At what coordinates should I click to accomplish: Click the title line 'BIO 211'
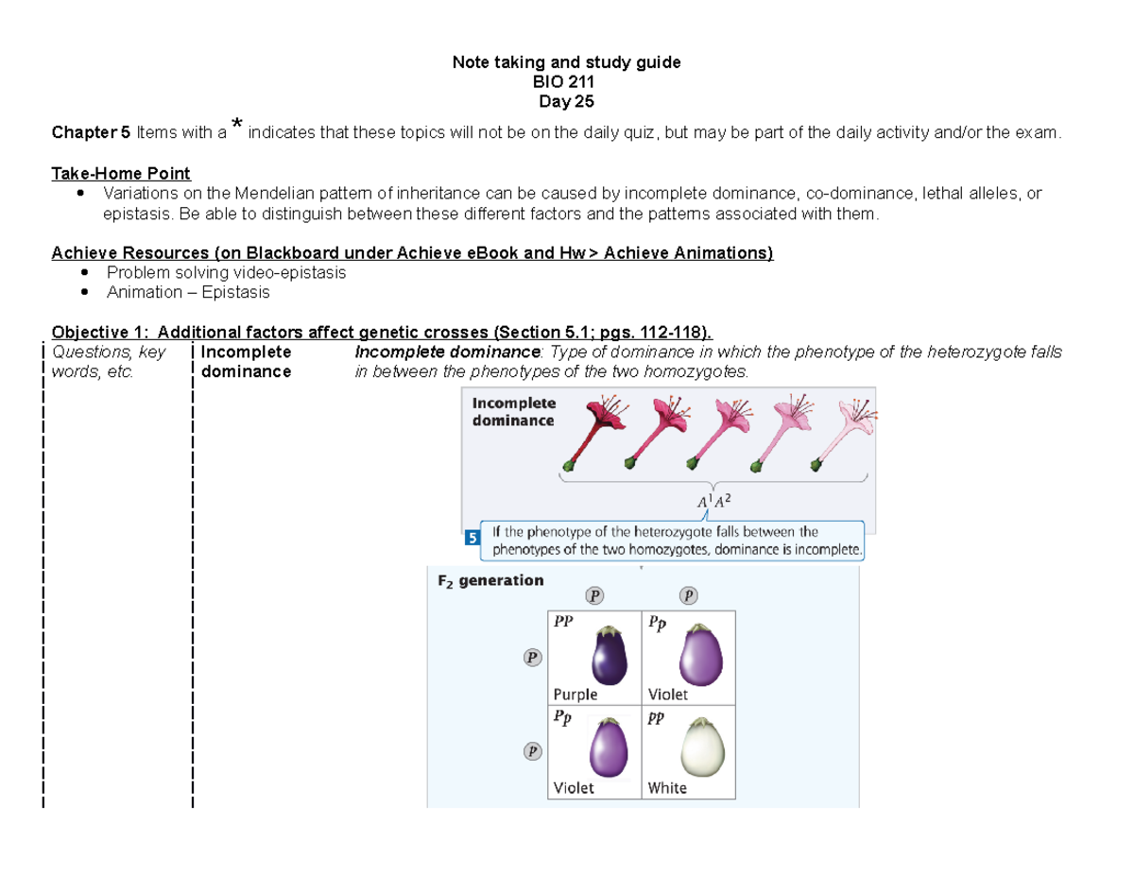coord(566,82)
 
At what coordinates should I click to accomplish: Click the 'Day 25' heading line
coord(566,102)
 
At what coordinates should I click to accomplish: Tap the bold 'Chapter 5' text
coord(91,132)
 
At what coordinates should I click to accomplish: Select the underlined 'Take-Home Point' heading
coord(121,173)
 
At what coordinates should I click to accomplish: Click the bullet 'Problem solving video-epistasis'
coord(226,272)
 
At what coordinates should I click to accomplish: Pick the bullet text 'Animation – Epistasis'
coord(188,292)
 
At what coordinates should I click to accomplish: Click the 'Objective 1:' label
coord(95,333)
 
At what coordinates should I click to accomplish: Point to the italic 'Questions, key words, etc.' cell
coord(109,361)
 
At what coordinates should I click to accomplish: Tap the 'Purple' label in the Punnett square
coord(576,694)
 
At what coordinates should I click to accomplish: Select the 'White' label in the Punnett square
coord(667,787)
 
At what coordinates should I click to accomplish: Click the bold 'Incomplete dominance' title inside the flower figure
coord(513,411)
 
